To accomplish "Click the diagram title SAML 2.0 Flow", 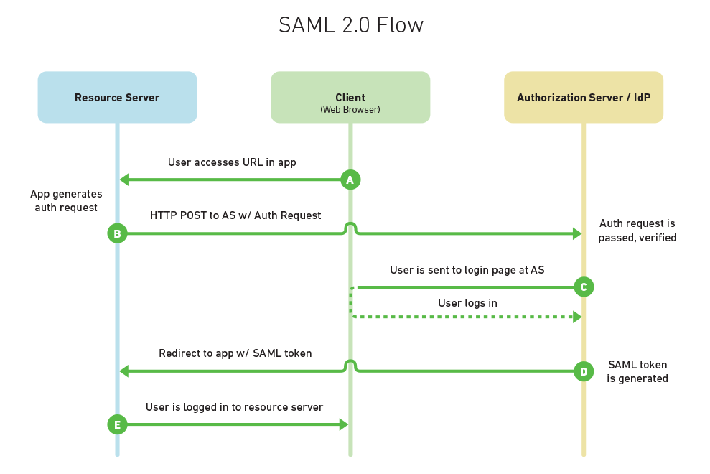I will pos(351,25).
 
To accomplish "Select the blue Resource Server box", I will pos(117,97).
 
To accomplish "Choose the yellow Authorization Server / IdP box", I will pos(583,97).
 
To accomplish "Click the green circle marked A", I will pos(350,180).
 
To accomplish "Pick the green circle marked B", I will pos(117,233).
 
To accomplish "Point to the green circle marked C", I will pos(583,287).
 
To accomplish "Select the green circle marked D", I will pos(583,371).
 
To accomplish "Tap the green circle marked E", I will pos(117,425).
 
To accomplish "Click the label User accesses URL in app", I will pos(232,162).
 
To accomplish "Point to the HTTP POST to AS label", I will pos(235,215).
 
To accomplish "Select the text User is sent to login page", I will pos(467,270).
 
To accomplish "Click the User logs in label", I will pos(467,303).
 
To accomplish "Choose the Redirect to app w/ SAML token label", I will pos(235,353).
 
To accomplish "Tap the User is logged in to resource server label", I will pos(234,407).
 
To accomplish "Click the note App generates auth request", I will pos(66,201).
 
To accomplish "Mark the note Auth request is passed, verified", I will pos(637,231).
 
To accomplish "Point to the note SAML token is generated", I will pos(637,371).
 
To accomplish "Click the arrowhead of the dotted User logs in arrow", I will pos(577,317).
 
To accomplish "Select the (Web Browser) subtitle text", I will pos(350,110).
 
